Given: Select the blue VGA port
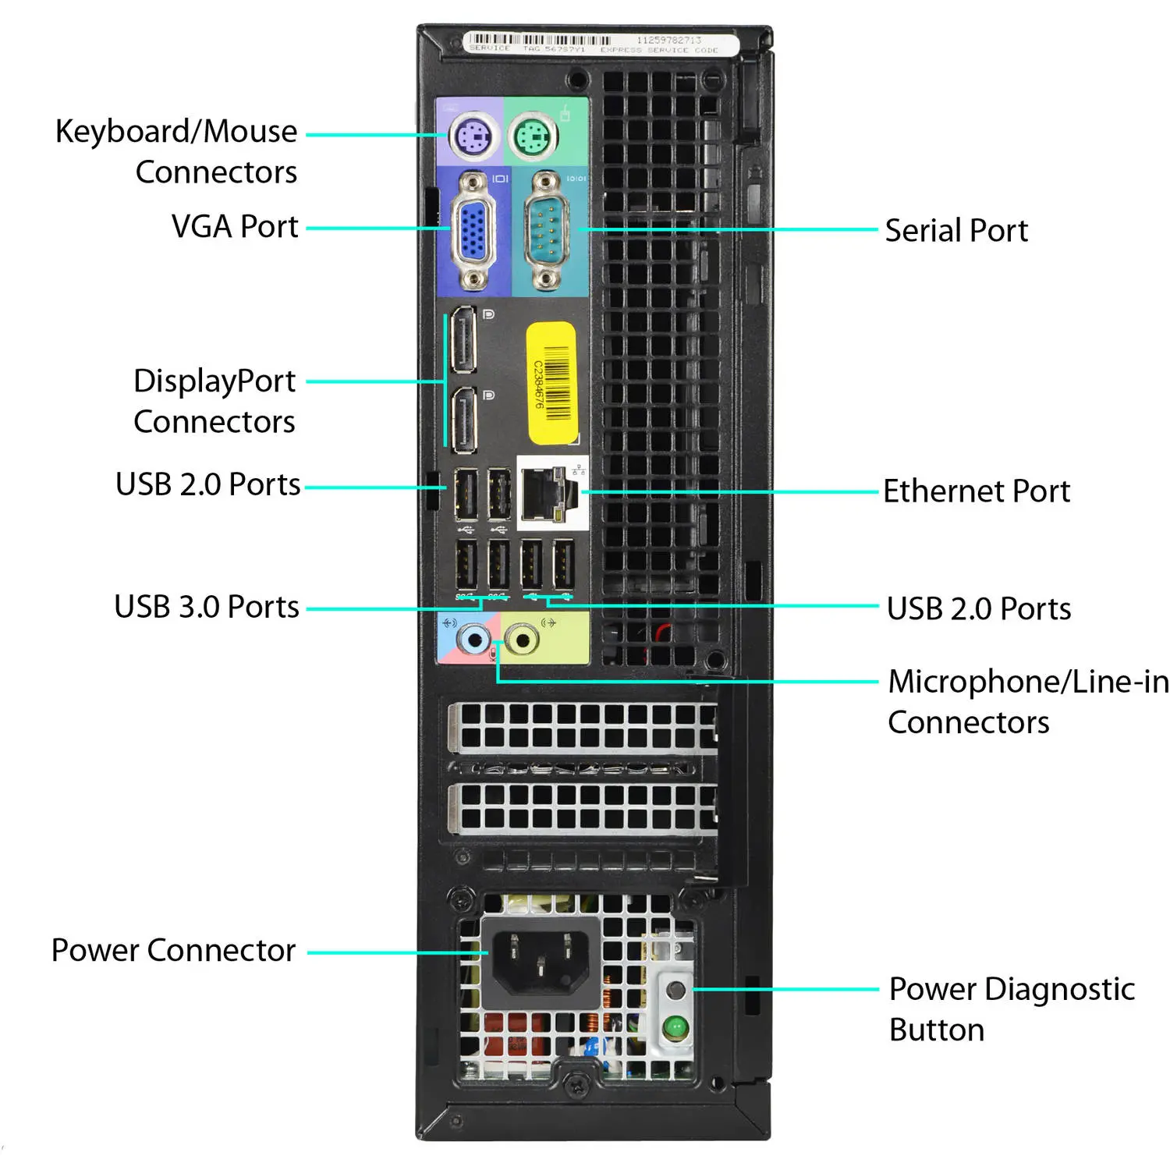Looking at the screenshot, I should point(473,232).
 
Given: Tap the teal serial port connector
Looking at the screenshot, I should point(547,232).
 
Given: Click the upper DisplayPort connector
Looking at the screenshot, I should point(464,340).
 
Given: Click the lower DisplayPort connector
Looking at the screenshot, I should point(464,420).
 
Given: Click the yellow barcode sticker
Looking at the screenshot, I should point(551,383).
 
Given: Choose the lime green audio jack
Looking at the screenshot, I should point(522,640).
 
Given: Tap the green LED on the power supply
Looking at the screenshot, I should point(675,1027).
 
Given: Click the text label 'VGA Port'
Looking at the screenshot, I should point(235,227).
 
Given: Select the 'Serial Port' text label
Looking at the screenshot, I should point(956,231).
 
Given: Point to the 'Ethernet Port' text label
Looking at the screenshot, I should point(977,491).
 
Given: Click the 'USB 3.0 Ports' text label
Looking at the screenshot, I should point(207,607).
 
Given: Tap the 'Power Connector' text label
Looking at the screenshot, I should point(173,950).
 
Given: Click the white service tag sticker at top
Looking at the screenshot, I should point(601,44).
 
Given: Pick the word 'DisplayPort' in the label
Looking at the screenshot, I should point(214,381).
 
